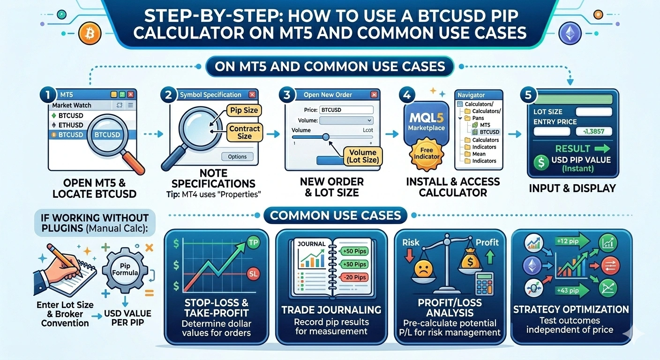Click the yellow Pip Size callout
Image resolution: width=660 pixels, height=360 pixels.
coord(244,111)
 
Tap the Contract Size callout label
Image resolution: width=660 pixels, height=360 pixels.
coord(244,132)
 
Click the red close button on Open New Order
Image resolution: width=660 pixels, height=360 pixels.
coord(374,95)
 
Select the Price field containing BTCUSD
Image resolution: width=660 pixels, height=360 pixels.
coord(346,110)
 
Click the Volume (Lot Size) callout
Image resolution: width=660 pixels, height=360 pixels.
coord(363,157)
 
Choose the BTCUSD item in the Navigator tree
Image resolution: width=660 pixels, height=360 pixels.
coord(489,132)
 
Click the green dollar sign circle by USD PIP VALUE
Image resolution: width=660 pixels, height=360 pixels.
coord(541,163)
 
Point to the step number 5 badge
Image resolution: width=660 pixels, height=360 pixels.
coord(528,95)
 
